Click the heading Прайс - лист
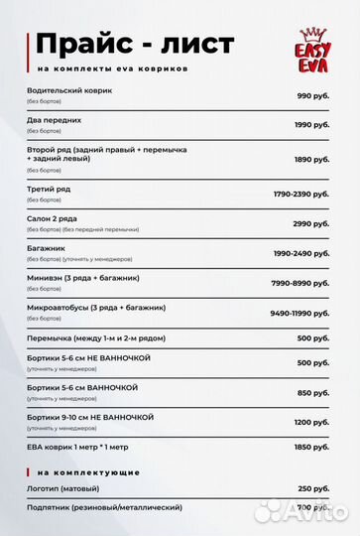click(135, 44)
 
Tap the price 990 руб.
click(312, 95)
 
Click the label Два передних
click(55, 120)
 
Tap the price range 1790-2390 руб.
click(300, 192)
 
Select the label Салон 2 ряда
click(52, 217)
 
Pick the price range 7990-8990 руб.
click(300, 282)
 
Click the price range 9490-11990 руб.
click(300, 313)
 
